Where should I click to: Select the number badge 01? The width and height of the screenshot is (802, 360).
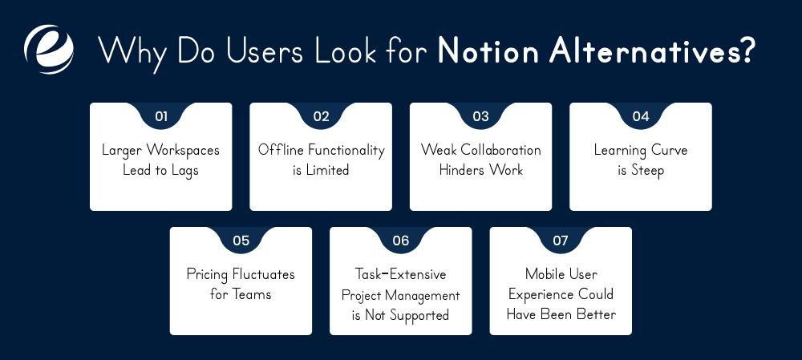coord(160,116)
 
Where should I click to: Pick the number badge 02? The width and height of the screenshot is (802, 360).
coord(321,116)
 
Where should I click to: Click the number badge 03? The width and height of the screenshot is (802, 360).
coord(480,116)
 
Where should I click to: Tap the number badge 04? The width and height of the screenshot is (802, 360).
coord(640,116)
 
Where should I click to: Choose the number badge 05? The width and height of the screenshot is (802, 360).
coord(241,241)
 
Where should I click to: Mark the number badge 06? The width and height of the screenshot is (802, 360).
coord(400,241)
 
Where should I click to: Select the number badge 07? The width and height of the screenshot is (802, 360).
coord(561,241)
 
